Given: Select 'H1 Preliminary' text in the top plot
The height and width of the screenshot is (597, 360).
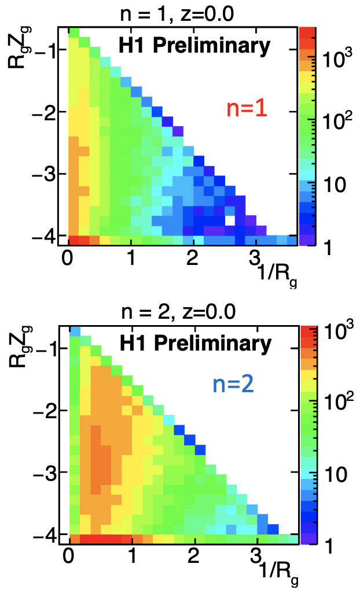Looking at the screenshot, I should point(193,45).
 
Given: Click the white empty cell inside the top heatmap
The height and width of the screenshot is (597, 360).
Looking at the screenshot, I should point(230,220).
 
